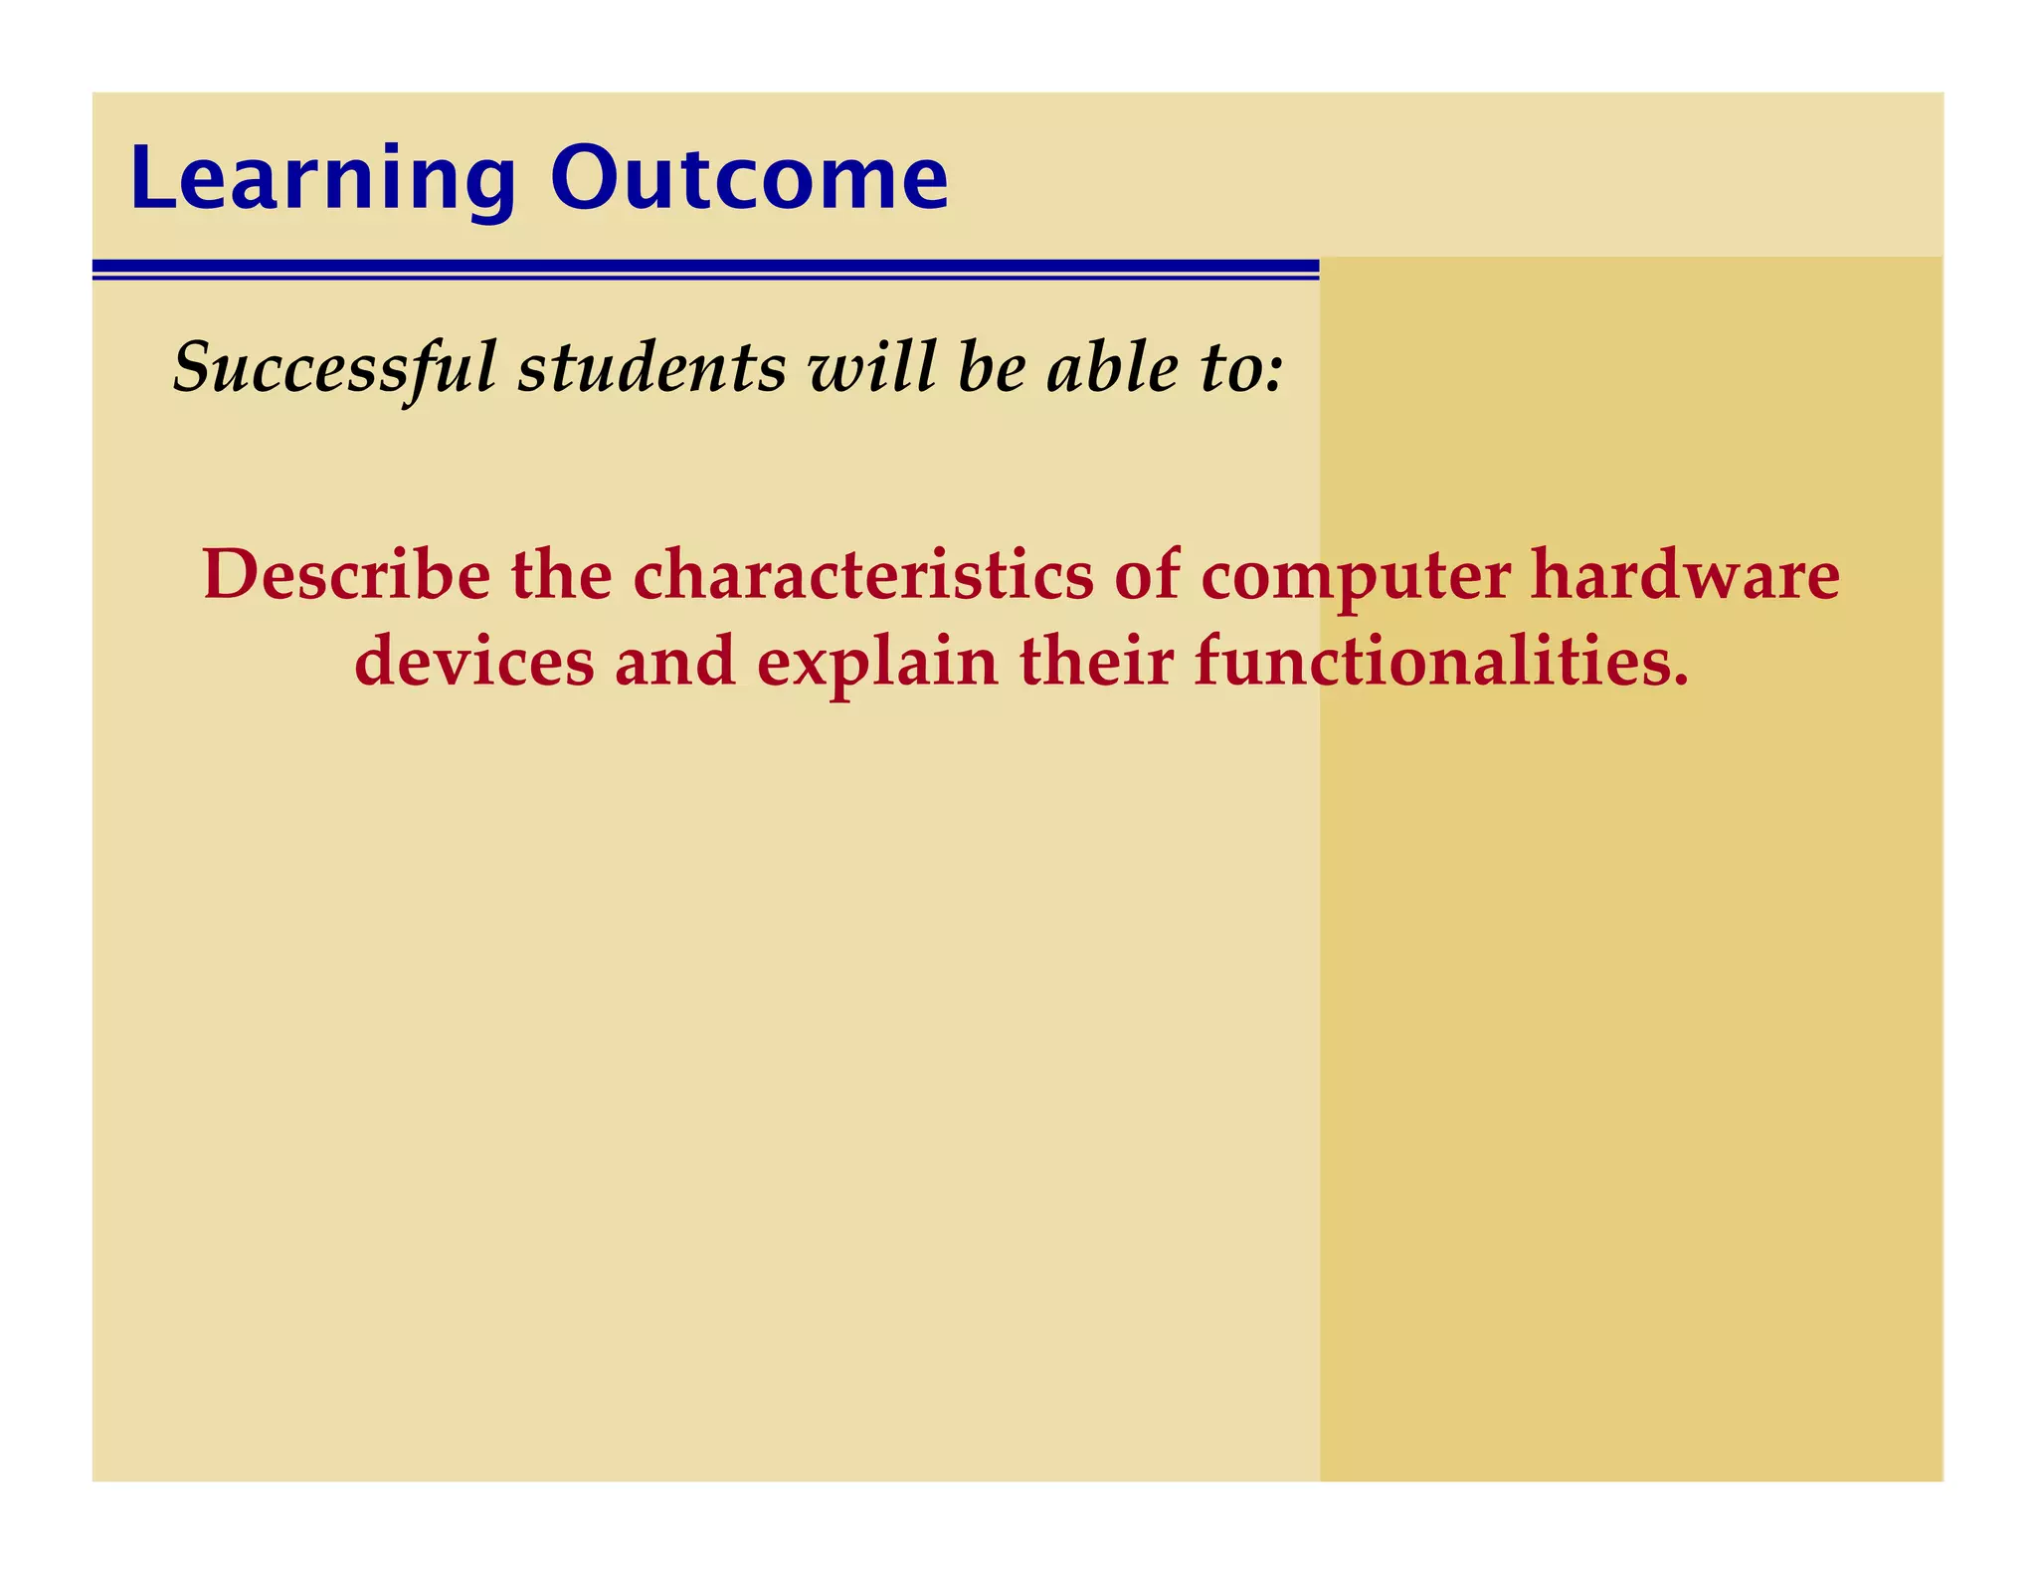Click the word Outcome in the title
pos(749,179)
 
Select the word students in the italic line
pos(651,367)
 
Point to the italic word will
pos(871,367)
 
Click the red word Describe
pos(346,575)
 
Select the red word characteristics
pos(862,575)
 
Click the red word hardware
pos(1685,575)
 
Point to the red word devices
pos(473,663)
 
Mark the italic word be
pos(991,367)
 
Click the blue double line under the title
pos(705,269)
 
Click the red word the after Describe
pos(561,575)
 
